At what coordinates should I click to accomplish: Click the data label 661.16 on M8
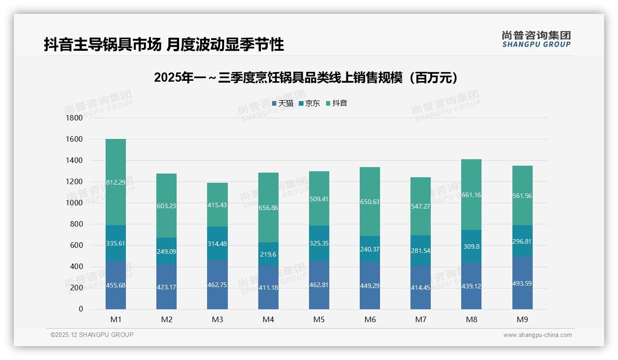tap(471, 195)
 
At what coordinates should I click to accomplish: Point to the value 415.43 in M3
tap(217, 205)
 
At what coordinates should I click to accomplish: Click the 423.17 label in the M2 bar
tap(166, 287)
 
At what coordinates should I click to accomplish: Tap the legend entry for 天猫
tap(283, 103)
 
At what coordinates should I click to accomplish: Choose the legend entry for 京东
tap(309, 103)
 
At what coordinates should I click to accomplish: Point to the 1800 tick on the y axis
tap(74, 118)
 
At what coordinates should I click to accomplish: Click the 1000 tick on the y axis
tap(74, 203)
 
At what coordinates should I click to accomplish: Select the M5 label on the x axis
tap(319, 319)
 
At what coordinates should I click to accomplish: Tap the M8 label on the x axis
tap(471, 319)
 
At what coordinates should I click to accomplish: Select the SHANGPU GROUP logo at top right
tap(536, 39)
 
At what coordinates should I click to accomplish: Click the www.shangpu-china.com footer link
tap(537, 335)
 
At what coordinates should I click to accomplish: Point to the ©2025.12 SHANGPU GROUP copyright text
tap(92, 335)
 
